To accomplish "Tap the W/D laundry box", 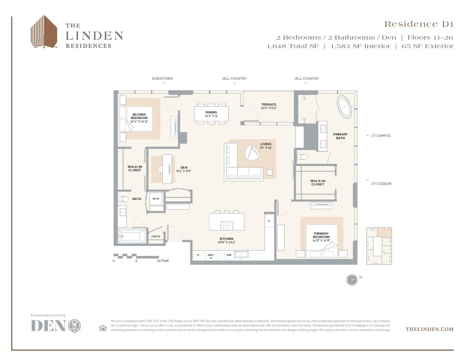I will coord(156,199).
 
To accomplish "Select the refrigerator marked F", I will coord(269,221).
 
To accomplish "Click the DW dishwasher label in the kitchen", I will coord(229,256).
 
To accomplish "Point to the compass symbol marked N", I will coord(352,280).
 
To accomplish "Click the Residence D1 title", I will coord(419,24).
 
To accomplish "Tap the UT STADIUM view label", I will coord(381,184).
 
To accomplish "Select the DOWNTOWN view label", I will coord(162,79).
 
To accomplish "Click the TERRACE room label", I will coord(269,105).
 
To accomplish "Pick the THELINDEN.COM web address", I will coord(429,329).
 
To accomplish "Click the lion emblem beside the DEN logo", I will coord(75,326).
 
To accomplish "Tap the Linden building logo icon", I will coord(44,32).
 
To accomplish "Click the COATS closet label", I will coord(156,237).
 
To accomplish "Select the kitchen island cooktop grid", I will coord(226,226).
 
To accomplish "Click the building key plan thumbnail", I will coord(379,246).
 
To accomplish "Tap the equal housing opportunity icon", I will coord(103,328).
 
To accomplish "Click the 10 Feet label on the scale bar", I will coord(163,261).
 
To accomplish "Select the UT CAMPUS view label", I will coord(381,136).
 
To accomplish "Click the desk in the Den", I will coord(167,169).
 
